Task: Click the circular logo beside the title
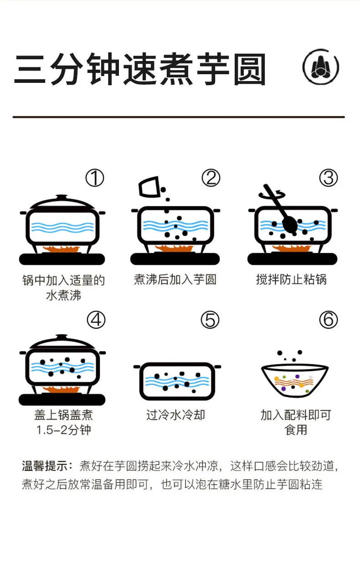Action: point(321,67)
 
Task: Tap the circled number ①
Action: point(95,178)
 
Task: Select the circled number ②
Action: point(211,178)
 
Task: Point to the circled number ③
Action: point(329,178)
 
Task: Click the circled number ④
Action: point(96,320)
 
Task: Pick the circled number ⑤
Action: point(210,320)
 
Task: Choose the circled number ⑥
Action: point(329,320)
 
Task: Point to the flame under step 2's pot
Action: point(175,248)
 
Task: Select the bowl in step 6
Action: point(295,381)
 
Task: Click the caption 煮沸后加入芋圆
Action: point(175,280)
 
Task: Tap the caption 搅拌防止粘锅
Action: point(291,280)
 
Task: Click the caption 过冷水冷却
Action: point(175,415)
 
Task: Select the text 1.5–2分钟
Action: point(64,430)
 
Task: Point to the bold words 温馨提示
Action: point(45,466)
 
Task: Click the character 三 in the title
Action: point(30,69)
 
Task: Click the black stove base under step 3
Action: point(292,259)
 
